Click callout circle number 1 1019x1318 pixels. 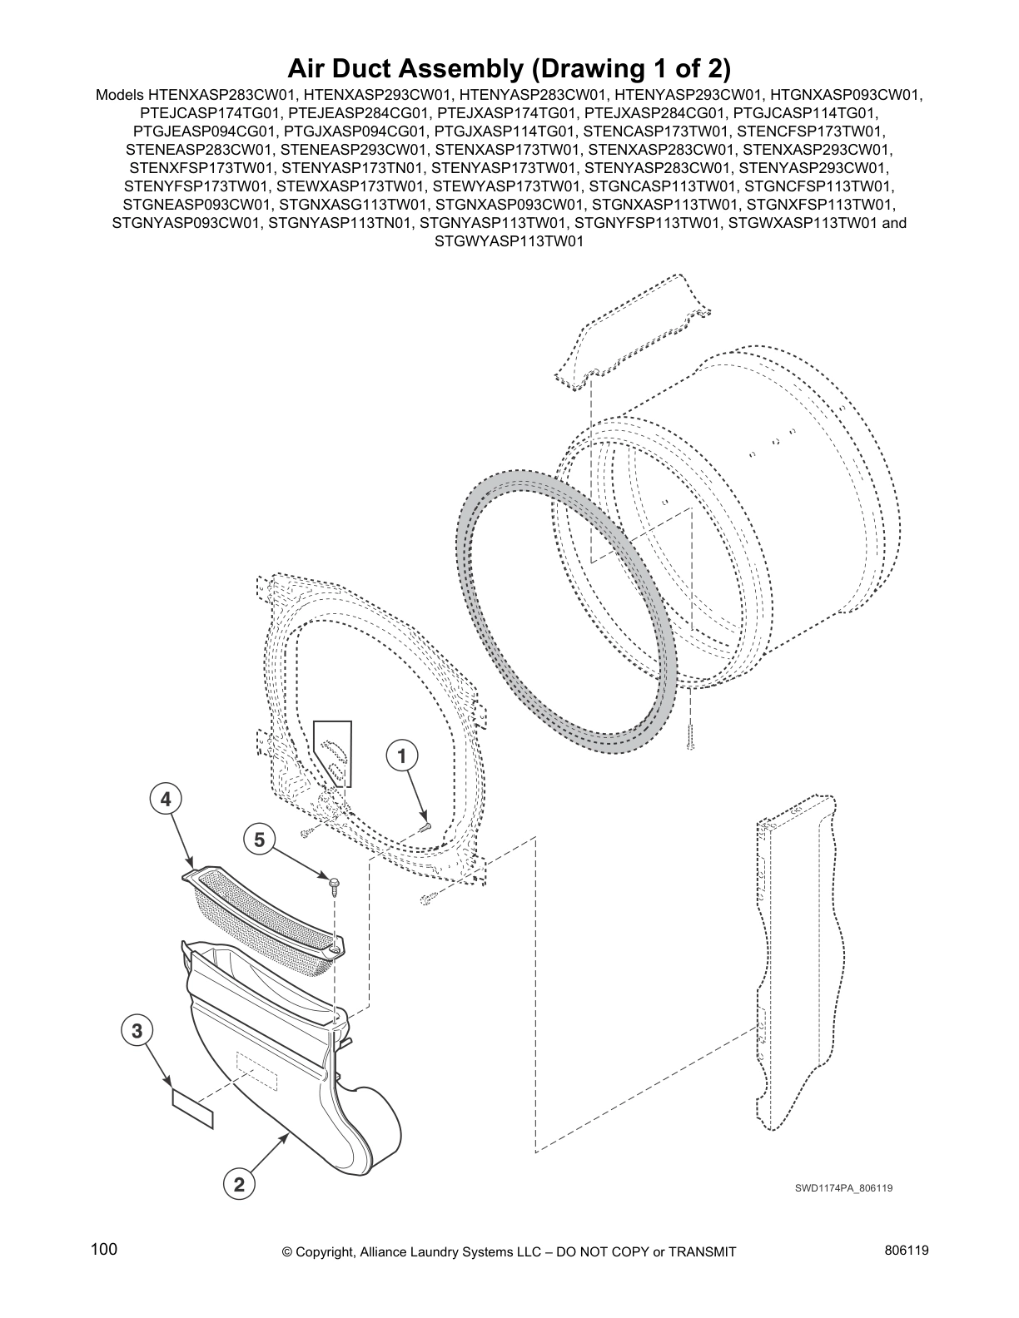coord(401,756)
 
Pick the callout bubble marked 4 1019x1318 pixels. coord(166,800)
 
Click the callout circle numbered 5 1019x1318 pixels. coord(259,840)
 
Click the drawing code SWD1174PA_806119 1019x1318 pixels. coord(843,1188)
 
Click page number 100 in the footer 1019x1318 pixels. coord(104,1250)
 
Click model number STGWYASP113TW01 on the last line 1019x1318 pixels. coord(509,241)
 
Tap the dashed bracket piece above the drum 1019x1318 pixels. coord(633,333)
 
